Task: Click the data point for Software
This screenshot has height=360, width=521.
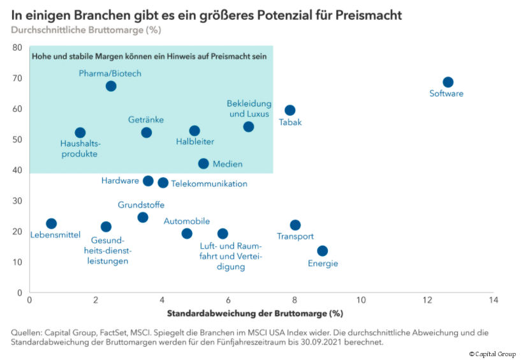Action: tap(448, 82)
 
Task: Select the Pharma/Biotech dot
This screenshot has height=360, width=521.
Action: tap(111, 86)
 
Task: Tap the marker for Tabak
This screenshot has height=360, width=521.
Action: tap(290, 110)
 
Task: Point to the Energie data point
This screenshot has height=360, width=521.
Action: tap(323, 251)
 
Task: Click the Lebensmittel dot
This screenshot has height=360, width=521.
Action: tap(52, 223)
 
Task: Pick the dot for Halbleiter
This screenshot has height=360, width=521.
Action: tap(194, 131)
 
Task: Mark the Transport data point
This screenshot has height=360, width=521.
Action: tap(295, 225)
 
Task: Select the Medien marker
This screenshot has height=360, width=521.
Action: tap(203, 163)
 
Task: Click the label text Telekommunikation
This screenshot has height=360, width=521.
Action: tap(209, 184)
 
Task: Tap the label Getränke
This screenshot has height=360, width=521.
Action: tap(146, 119)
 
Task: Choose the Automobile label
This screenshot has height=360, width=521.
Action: tap(187, 221)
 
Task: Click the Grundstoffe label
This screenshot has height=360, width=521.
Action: tap(141, 205)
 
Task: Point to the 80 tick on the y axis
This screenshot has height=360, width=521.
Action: tap(17, 48)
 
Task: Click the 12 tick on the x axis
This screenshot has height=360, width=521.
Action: tap(426, 300)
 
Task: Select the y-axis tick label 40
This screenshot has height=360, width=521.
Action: tap(17, 170)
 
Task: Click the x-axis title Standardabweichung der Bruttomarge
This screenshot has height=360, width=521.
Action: tap(255, 314)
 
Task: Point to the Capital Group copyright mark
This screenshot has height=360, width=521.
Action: tap(492, 354)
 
